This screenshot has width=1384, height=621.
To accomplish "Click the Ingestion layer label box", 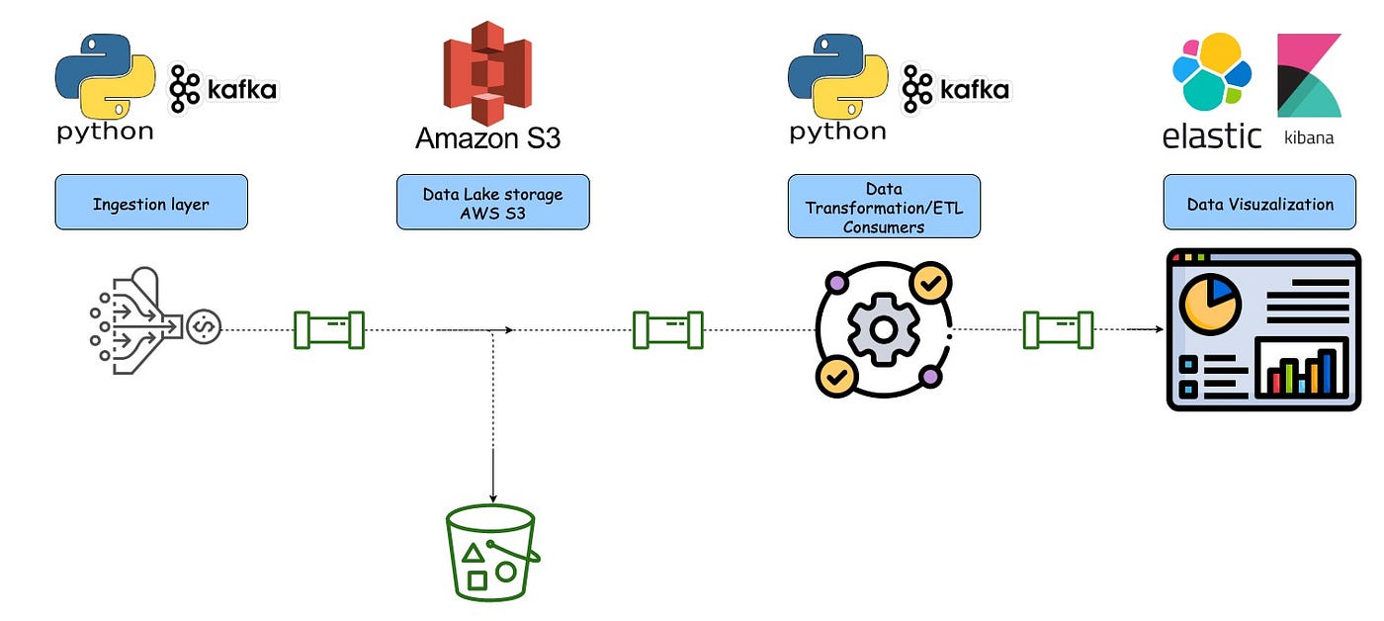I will tap(151, 204).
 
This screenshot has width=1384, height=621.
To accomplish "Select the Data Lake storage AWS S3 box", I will tap(492, 204).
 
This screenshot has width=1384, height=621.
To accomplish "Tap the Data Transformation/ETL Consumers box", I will tap(883, 207).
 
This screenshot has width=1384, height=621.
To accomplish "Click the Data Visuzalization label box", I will tap(1258, 204).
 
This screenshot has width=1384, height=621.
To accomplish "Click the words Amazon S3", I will tap(487, 137).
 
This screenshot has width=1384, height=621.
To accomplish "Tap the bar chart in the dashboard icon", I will tap(1302, 369).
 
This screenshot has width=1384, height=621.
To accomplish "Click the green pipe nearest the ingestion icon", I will tap(329, 329).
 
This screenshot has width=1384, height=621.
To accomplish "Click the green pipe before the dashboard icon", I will tap(1058, 329).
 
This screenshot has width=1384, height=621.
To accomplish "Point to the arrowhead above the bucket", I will tap(492, 496).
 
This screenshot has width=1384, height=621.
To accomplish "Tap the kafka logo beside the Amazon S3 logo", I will tap(222, 90).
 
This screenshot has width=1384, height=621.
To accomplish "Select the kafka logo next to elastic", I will tap(955, 90).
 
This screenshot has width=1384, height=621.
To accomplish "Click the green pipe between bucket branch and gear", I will tap(668, 329).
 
